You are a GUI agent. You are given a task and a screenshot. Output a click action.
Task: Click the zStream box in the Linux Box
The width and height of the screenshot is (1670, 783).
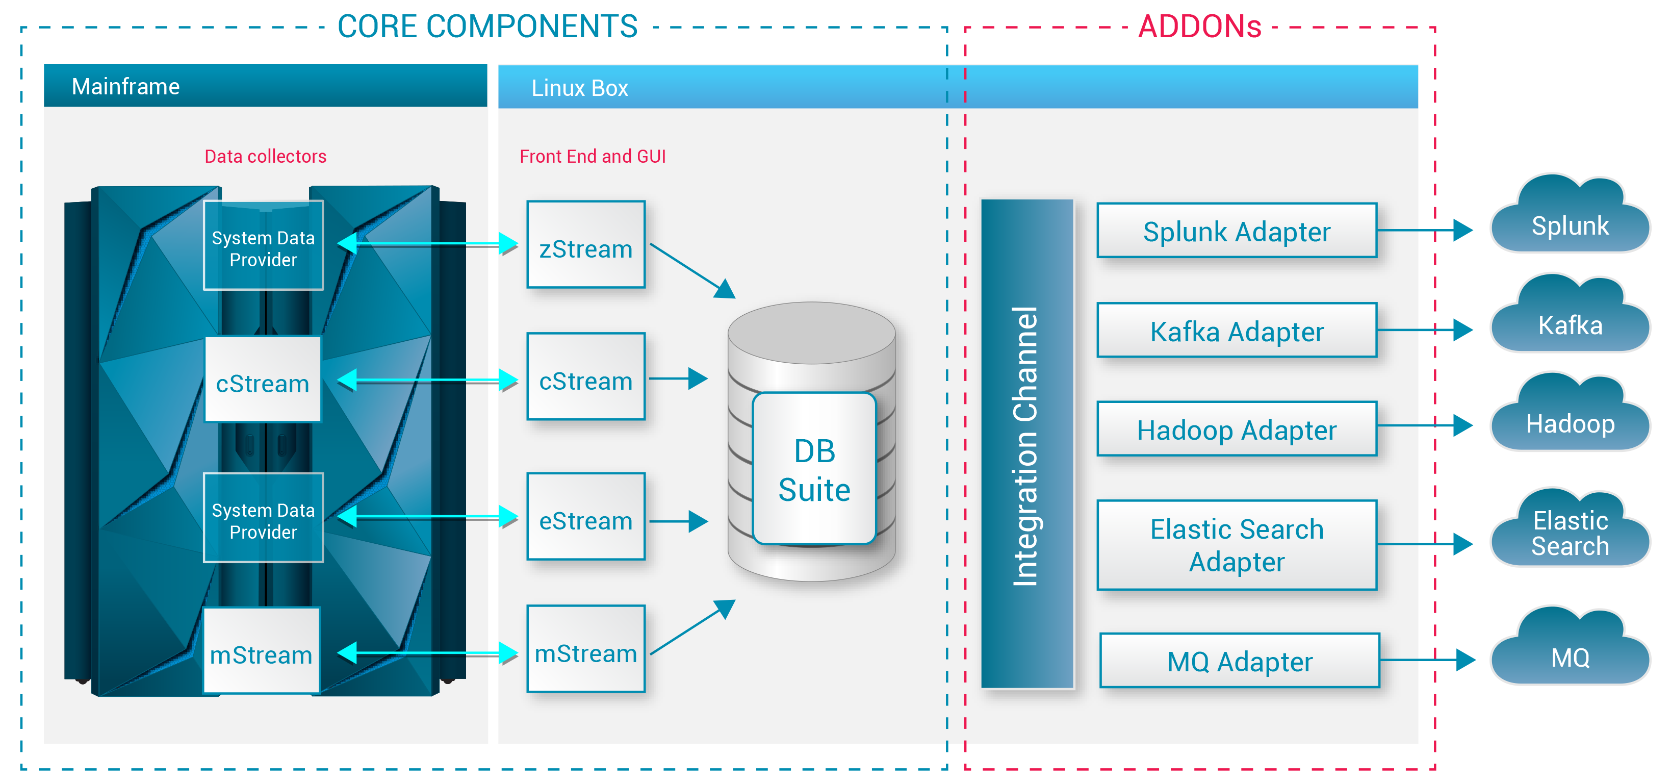[x=585, y=244]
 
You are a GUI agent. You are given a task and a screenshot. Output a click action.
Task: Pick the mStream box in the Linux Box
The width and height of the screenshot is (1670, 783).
[x=585, y=649]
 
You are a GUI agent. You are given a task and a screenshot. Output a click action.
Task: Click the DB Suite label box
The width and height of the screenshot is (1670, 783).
[x=814, y=468]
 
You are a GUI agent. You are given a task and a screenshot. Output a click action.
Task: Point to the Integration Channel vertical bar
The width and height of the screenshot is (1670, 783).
[x=1027, y=444]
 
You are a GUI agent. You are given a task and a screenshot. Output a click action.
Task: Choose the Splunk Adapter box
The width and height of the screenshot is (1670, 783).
[x=1236, y=231]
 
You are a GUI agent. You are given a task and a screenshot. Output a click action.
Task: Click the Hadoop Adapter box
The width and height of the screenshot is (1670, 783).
[x=1236, y=429]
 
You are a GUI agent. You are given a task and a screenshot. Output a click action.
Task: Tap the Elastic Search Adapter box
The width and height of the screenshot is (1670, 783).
[x=1236, y=545]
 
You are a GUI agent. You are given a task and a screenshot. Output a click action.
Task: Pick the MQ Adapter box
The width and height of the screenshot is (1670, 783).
[x=1239, y=661]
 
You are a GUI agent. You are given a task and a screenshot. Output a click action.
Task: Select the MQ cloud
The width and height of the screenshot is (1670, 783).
[x=1570, y=652]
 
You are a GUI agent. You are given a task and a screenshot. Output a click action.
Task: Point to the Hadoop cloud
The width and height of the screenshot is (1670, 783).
[x=1570, y=418]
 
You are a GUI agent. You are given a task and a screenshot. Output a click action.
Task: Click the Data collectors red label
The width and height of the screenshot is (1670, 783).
[x=265, y=156]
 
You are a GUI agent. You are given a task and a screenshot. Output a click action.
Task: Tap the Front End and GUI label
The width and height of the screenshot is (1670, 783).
[x=593, y=156]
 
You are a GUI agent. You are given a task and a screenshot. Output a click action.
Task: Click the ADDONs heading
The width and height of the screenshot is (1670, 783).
[x=1199, y=27]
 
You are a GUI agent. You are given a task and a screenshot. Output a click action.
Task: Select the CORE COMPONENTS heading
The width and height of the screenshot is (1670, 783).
[x=487, y=27]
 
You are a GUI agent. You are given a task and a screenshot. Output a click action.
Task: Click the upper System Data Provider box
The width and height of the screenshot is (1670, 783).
[x=263, y=246]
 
